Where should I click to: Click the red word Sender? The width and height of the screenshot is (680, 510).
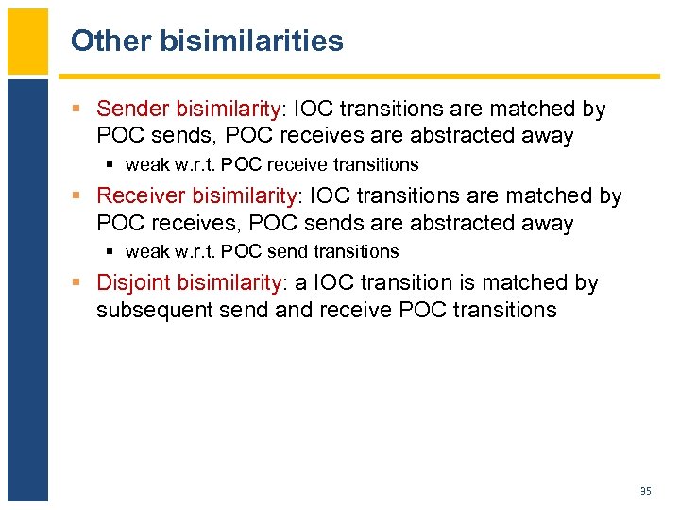pos(131,110)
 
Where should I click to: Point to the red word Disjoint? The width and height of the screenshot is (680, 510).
pos(135,283)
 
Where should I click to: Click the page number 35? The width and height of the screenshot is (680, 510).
pos(646,490)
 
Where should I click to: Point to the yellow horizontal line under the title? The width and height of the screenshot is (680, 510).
pos(359,76)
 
